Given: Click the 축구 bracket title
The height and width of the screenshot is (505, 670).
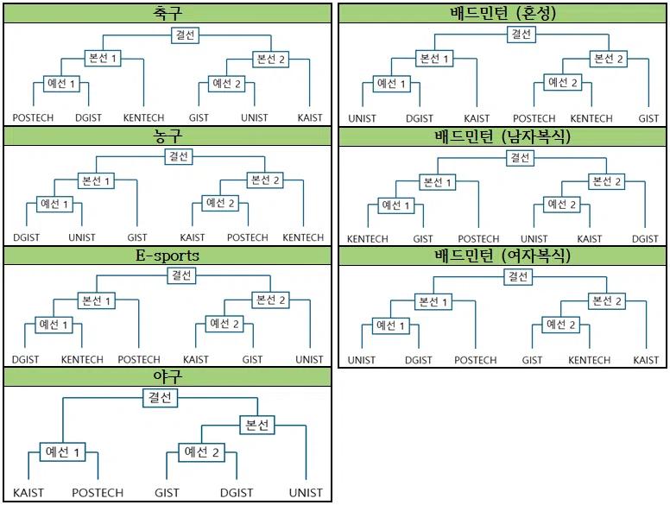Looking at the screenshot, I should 167,13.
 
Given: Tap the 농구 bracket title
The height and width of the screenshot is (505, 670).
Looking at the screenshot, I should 167,136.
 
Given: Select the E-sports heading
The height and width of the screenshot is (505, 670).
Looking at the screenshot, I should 167,256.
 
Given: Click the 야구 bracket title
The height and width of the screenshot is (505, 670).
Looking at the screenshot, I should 167,377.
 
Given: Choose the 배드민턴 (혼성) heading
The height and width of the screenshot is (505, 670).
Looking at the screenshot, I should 503,13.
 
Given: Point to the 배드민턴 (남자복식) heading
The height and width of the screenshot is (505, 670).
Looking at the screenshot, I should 503,136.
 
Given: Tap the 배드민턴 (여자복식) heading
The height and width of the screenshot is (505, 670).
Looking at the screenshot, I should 503,256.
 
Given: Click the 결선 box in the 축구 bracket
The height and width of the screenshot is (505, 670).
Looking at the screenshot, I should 184,35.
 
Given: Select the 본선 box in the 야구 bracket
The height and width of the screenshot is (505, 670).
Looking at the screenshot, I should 257,425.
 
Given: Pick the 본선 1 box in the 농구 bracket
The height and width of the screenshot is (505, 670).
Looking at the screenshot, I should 95,180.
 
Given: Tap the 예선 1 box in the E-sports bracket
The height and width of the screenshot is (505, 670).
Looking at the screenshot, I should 54,325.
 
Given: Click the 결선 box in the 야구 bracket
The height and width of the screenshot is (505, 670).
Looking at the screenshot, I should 160,398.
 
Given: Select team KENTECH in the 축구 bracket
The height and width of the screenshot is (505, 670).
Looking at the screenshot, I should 143,118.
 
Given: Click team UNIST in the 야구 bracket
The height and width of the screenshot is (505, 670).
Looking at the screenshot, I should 307,493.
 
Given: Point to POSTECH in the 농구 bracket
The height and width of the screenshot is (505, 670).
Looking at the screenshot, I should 248,237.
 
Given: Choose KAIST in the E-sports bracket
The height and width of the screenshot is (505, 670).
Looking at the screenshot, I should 196,360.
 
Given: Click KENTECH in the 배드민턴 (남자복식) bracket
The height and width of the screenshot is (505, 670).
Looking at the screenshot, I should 368,239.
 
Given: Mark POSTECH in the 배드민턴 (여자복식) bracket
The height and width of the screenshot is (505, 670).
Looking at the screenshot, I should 475,360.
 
